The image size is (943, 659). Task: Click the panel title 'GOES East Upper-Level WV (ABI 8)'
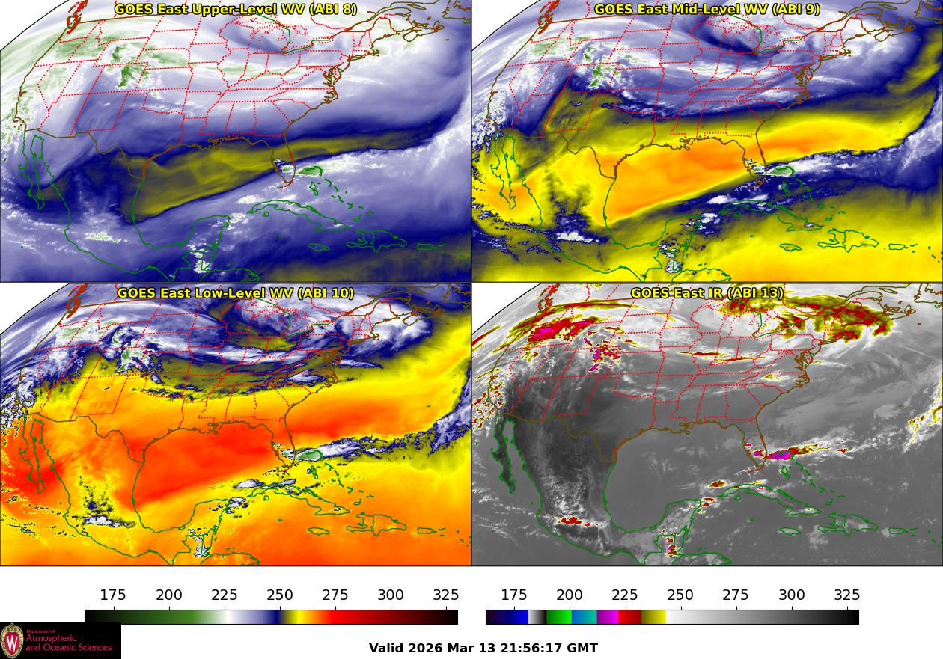point(236,10)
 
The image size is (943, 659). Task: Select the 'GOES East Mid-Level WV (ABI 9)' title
point(707,10)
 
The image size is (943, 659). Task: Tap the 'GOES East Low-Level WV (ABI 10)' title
point(236,293)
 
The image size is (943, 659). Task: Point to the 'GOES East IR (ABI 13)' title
point(707,293)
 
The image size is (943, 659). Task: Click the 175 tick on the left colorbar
point(113,595)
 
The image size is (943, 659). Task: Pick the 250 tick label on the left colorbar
point(280,595)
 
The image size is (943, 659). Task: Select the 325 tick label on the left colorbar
point(446,595)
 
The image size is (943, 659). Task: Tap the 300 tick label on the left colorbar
point(391,595)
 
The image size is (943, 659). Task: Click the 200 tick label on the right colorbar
point(570,595)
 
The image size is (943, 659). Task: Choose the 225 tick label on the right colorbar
point(625,595)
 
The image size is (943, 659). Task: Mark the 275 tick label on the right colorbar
point(736,595)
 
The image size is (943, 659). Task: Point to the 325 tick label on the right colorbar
point(846,595)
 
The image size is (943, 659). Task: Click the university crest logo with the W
point(12,641)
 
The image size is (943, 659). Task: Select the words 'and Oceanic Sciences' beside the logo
point(68,647)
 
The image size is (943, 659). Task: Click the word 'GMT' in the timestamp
point(583,649)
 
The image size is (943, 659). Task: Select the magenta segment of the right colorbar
point(608,617)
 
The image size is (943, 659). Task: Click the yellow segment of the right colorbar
point(653,617)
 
